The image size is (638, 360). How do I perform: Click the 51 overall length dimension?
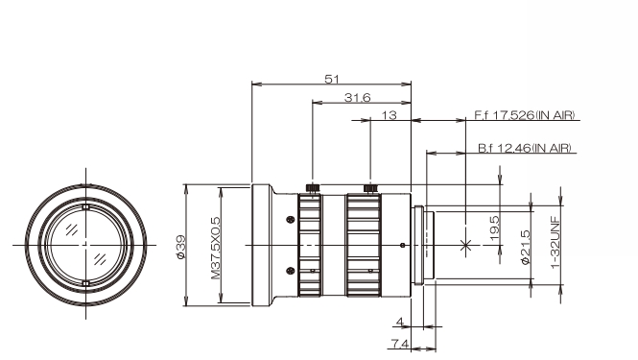[x=332, y=79]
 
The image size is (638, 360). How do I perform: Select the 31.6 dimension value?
[x=358, y=98]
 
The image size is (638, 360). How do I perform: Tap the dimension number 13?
[x=389, y=115]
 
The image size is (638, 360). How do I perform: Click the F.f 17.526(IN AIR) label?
[x=525, y=115]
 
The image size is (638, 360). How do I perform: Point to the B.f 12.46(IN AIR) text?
[x=525, y=148]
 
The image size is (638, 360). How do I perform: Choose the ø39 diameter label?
[x=180, y=247]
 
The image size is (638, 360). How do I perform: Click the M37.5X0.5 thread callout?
[x=215, y=248]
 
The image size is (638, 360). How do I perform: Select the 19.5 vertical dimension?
[x=493, y=228]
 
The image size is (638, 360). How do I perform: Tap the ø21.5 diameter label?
[x=526, y=247]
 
